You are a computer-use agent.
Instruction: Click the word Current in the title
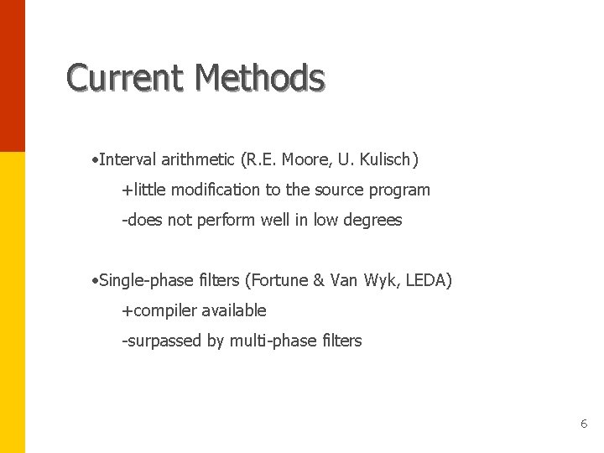click(126, 78)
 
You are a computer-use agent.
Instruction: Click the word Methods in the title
click(259, 78)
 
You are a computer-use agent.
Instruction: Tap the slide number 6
click(584, 424)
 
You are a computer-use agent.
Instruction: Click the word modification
click(216, 190)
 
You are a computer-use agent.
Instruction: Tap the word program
click(401, 190)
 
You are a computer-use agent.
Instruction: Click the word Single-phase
click(142, 280)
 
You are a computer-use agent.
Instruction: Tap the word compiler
click(162, 311)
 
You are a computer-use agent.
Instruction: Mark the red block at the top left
click(13, 75)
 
